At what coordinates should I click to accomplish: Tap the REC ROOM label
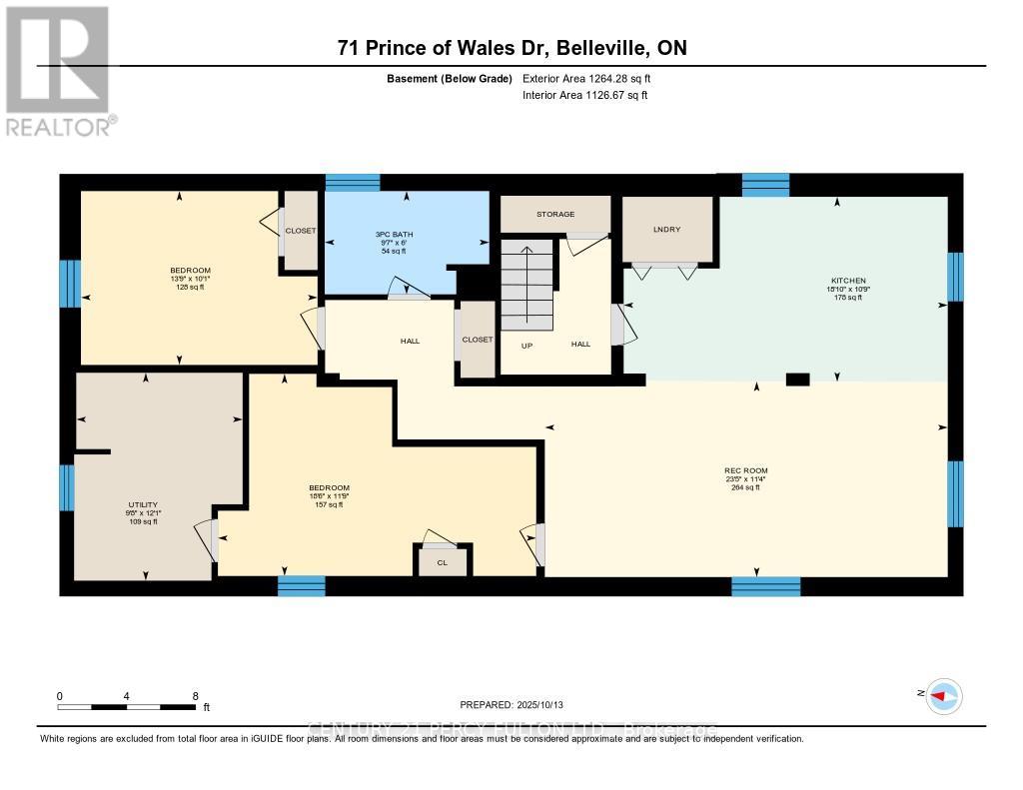(x=745, y=470)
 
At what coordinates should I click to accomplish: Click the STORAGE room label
(x=554, y=214)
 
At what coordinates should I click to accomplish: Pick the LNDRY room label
(x=666, y=230)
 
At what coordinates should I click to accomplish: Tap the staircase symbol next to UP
(x=526, y=284)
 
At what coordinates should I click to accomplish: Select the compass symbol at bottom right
(x=943, y=696)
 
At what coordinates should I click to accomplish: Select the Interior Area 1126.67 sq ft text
(x=584, y=96)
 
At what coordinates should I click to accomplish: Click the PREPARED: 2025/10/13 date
(x=518, y=704)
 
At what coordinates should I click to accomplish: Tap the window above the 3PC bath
(x=353, y=183)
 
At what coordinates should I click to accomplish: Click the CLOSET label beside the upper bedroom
(x=300, y=231)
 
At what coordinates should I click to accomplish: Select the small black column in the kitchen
(x=796, y=379)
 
